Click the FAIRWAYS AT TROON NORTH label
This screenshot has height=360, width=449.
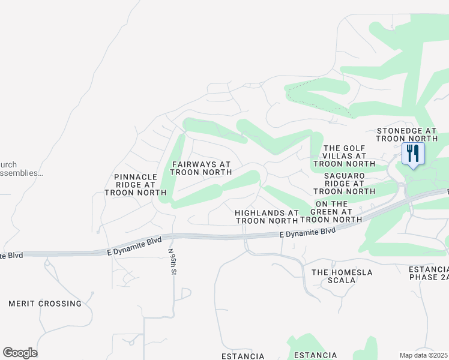coord(201,168)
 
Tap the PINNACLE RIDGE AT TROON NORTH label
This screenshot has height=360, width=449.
coord(135,185)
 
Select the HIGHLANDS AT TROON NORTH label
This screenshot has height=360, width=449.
coord(267,217)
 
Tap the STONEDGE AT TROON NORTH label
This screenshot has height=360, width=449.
coord(406,134)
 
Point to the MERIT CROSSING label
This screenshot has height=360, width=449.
coord(45,304)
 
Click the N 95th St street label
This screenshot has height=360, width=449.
coord(172,262)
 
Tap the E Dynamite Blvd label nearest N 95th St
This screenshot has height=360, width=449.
coord(135,245)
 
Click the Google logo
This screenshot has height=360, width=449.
coord(20,353)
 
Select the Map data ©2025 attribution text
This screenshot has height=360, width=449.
coord(424,355)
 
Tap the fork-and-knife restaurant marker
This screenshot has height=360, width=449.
coord(412,154)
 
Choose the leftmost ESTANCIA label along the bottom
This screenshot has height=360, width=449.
coord(243,356)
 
